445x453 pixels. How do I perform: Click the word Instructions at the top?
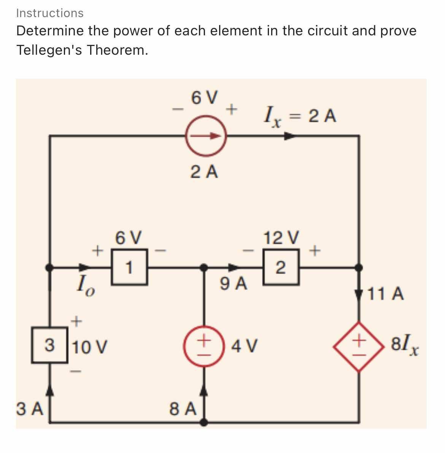click(x=49, y=13)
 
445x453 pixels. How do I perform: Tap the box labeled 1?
click(x=129, y=267)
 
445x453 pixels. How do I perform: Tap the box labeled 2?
click(x=281, y=267)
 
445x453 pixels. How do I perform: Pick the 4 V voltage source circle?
click(x=204, y=345)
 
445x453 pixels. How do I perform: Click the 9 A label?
click(x=233, y=284)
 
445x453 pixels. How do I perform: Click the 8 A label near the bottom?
click(x=183, y=409)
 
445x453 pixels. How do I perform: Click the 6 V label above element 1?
click(x=129, y=238)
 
